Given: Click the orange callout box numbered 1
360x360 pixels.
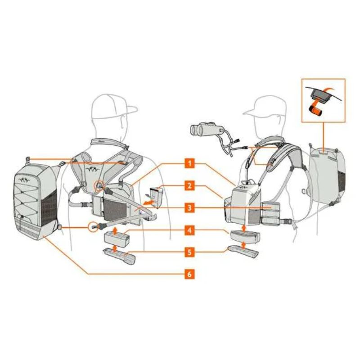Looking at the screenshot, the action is coord(189,163).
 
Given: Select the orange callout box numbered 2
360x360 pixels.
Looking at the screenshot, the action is coord(189,185).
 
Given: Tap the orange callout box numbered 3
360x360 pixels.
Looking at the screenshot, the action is coord(189,208).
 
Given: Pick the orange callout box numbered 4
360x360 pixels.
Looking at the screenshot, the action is coord(189,230).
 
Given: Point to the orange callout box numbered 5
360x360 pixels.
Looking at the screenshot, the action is coord(189,252).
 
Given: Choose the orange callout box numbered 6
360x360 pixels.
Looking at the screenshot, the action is coord(189,274).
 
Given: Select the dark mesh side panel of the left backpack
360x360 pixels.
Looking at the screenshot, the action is coord(49,210).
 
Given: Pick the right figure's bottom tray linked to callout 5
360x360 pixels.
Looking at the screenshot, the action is coord(243,251).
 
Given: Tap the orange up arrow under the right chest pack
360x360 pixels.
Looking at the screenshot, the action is coord(244,228).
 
